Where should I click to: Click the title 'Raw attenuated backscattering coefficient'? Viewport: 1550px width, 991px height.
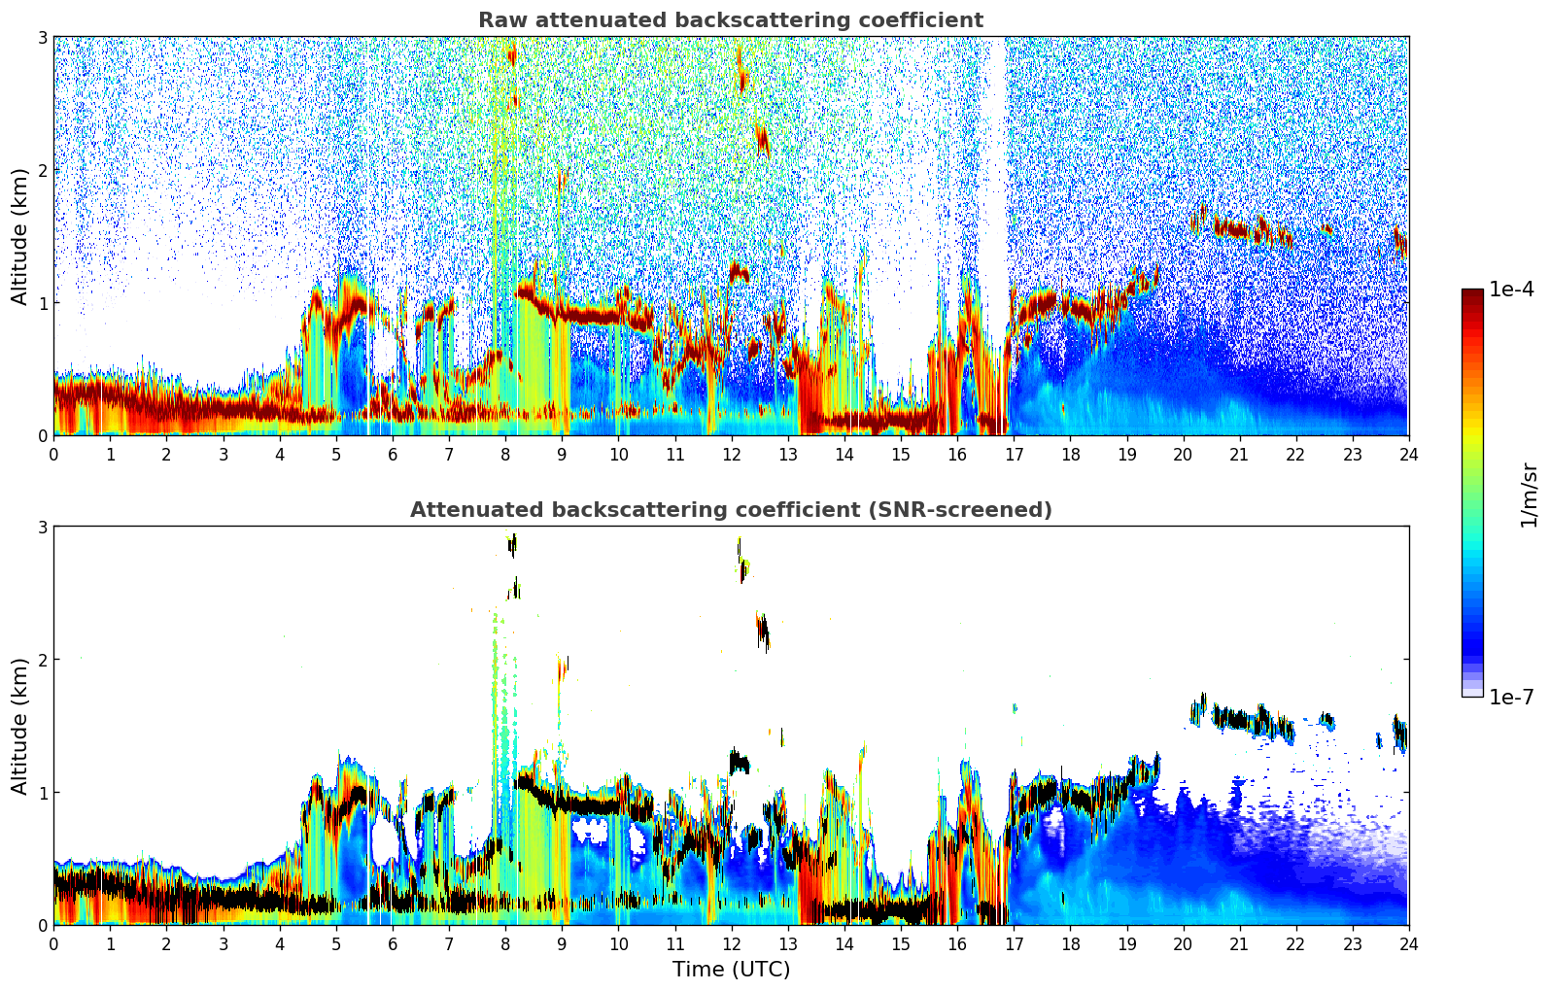pyautogui.click(x=730, y=20)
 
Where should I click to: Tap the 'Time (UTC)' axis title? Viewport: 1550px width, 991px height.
pyautogui.click(x=731, y=970)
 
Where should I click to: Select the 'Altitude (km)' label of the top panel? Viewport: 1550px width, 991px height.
pyautogui.click(x=19, y=236)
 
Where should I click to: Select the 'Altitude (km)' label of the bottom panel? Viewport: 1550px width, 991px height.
pyautogui.click(x=19, y=726)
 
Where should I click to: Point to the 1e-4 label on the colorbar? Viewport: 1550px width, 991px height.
pyautogui.click(x=1511, y=290)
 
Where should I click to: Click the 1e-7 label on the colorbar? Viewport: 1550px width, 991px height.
pyautogui.click(x=1511, y=697)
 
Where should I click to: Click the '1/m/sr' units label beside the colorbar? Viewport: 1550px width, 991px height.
pyautogui.click(x=1529, y=495)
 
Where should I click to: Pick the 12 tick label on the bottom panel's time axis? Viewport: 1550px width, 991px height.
pyautogui.click(x=731, y=944)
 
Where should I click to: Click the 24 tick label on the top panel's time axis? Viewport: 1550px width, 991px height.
pyautogui.click(x=1408, y=455)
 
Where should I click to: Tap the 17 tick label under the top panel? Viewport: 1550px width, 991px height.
pyautogui.click(x=1014, y=455)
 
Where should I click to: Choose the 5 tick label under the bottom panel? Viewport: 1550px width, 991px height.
pyautogui.click(x=336, y=944)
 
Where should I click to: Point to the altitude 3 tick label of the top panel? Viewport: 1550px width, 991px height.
pyautogui.click(x=42, y=37)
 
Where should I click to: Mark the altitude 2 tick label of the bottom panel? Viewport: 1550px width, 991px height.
pyautogui.click(x=42, y=660)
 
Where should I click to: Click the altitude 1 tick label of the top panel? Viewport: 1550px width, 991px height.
pyautogui.click(x=42, y=303)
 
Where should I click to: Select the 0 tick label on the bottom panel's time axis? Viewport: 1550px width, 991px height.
pyautogui.click(x=53, y=944)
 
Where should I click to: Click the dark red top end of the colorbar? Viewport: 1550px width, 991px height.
pyautogui.click(x=1472, y=293)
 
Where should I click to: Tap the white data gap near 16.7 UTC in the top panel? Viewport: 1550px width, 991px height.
pyautogui.click(x=992, y=194)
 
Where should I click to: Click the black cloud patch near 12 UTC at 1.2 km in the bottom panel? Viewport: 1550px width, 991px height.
pyautogui.click(x=740, y=762)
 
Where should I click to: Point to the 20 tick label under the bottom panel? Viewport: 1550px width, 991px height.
pyautogui.click(x=1183, y=944)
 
